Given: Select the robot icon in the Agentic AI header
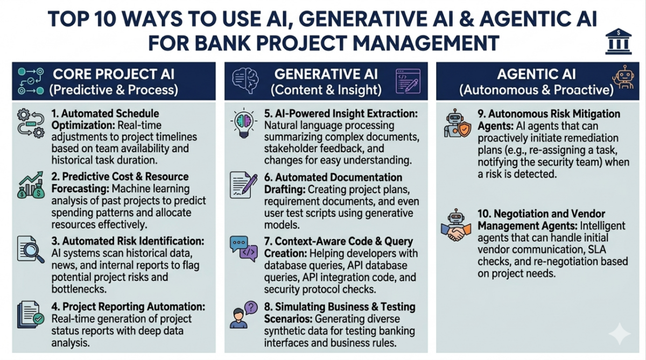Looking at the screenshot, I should (623, 80).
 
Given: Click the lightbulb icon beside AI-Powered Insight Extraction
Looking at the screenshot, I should (244, 123).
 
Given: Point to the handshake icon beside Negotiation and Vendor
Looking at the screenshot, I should (455, 225).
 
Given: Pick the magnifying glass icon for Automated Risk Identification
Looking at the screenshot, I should (30, 249).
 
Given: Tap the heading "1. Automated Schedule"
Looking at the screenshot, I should (106, 114).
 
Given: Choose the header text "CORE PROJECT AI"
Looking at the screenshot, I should (113, 74).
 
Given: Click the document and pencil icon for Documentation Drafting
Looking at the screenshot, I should (244, 186).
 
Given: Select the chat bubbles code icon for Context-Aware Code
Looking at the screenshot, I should (244, 248).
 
